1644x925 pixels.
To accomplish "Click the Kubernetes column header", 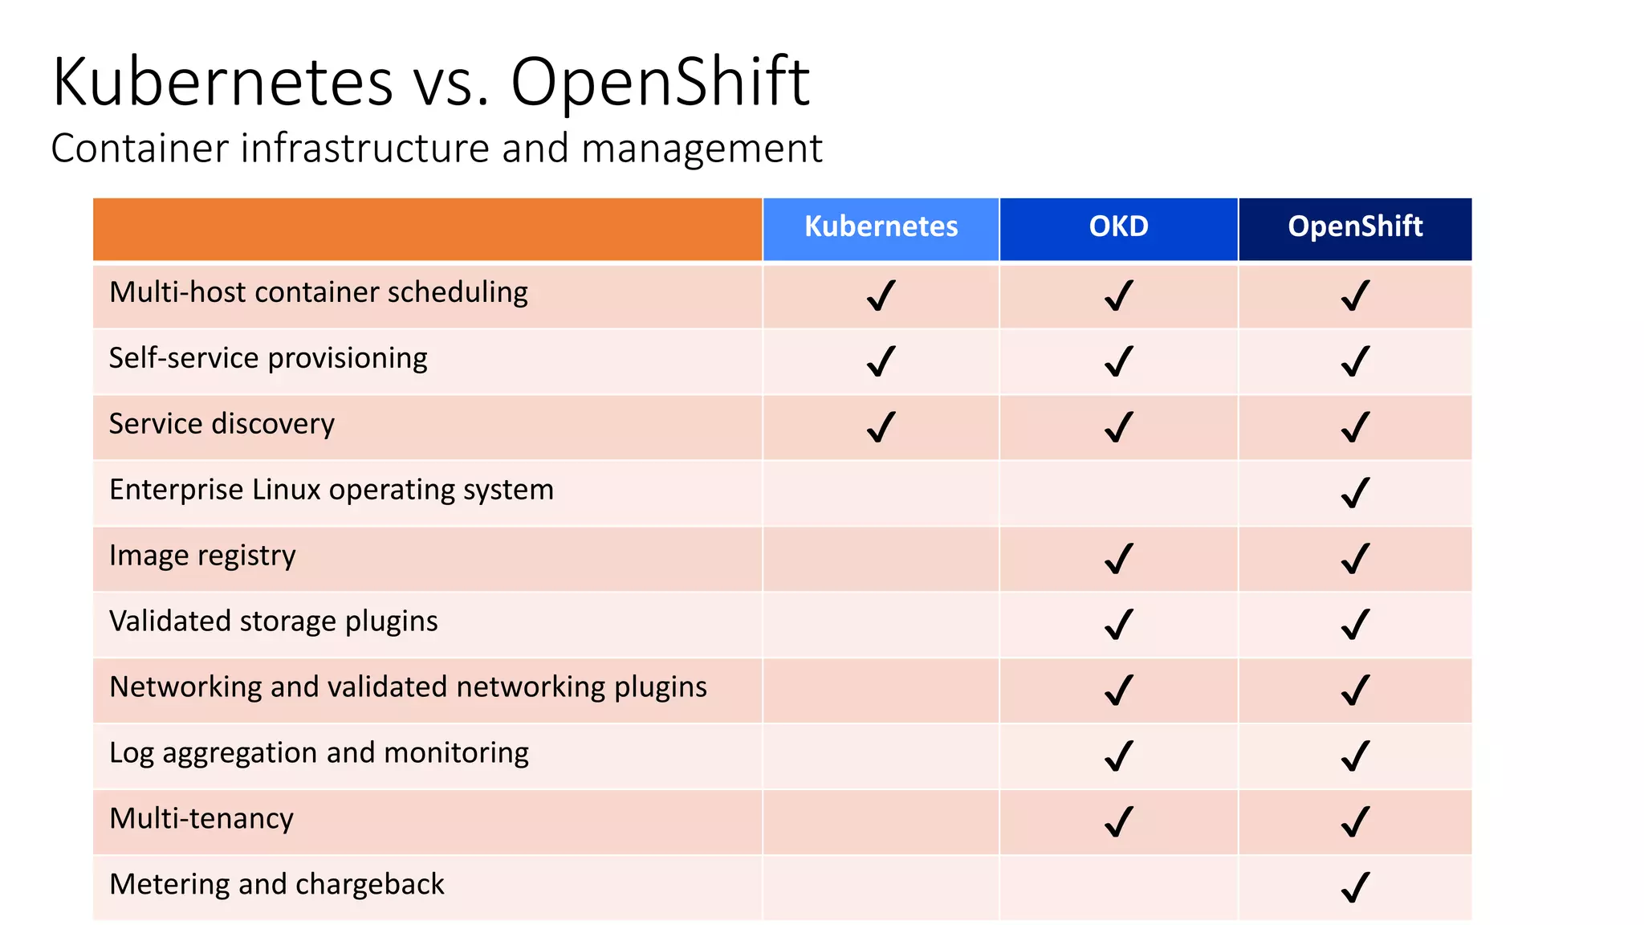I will tap(881, 226).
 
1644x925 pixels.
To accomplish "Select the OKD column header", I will tap(1118, 226).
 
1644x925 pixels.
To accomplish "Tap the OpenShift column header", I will tap(1355, 226).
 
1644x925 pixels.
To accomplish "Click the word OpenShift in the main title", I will tap(660, 82).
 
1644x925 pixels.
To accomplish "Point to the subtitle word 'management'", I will tap(702, 149).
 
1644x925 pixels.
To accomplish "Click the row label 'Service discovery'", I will tap(222, 424).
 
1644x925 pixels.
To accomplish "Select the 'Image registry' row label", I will tap(202, 556).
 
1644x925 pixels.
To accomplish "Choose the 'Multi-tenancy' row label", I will tap(201, 819).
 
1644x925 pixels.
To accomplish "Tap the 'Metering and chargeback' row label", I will tap(276, 884).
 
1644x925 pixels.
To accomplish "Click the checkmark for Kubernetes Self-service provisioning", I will tap(881, 361).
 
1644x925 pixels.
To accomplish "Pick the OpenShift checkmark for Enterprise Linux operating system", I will tap(1355, 493).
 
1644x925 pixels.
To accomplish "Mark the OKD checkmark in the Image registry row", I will tap(1118, 559).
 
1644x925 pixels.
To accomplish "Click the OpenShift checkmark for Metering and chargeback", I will tap(1355, 887).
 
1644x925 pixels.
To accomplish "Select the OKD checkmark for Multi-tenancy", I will tap(1118, 821).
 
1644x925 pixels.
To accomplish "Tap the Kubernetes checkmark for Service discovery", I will tap(881, 427).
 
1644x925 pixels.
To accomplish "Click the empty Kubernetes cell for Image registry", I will tap(881, 559).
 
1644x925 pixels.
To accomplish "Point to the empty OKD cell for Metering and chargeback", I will tap(1118, 887).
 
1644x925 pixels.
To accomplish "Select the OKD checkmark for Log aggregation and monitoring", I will tap(1118, 756).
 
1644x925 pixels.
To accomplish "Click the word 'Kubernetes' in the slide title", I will tap(222, 82).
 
